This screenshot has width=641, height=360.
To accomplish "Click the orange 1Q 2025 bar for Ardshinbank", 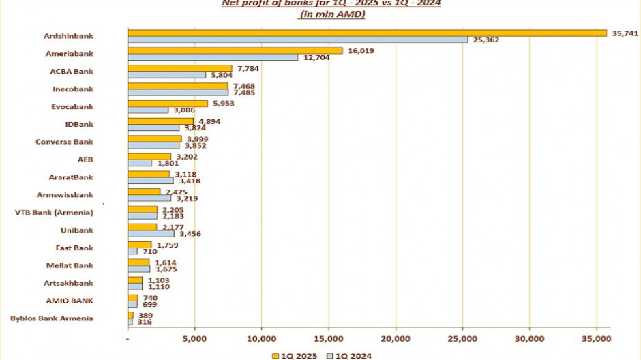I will pos(367,33).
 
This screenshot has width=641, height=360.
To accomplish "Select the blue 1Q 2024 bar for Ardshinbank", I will pos(297,40).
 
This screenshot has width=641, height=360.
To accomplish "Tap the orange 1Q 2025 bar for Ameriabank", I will pos(235,50).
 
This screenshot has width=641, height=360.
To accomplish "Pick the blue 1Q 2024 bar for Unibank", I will pos(151,234).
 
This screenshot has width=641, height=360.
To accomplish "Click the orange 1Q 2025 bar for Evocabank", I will pos(168,103).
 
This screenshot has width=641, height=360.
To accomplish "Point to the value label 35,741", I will pos(623,32).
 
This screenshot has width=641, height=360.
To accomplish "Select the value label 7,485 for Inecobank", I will pos(243,93).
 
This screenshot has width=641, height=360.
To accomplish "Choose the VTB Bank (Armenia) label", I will pos(54,213).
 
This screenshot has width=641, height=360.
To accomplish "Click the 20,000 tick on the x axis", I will pos(395,338).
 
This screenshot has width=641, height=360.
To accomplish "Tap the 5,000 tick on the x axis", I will pos(194,338).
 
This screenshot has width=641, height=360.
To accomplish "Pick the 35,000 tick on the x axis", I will pos(596,338).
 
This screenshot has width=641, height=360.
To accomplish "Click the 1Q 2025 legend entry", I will pos(293,355).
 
